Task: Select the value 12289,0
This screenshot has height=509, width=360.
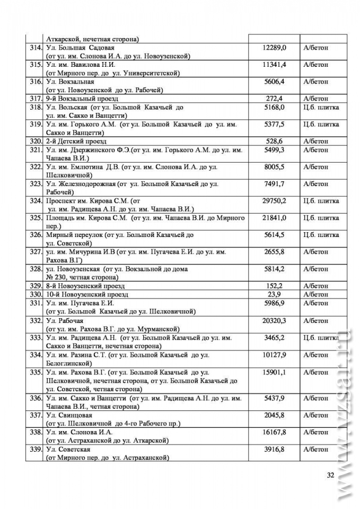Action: [x=274, y=48]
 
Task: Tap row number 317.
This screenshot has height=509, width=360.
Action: [x=36, y=99]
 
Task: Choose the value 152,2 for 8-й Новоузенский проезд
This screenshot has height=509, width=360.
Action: [x=274, y=286]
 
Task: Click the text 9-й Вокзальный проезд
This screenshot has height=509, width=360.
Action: [x=82, y=99]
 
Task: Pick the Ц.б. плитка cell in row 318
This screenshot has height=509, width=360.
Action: [x=321, y=107]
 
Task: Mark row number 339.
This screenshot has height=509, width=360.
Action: [x=36, y=450]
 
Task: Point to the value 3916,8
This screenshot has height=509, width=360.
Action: [x=274, y=450]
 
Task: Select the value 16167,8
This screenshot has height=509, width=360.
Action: [x=274, y=432]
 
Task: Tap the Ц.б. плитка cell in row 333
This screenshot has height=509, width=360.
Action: [x=321, y=338]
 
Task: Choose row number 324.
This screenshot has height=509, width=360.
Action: [x=36, y=201]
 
